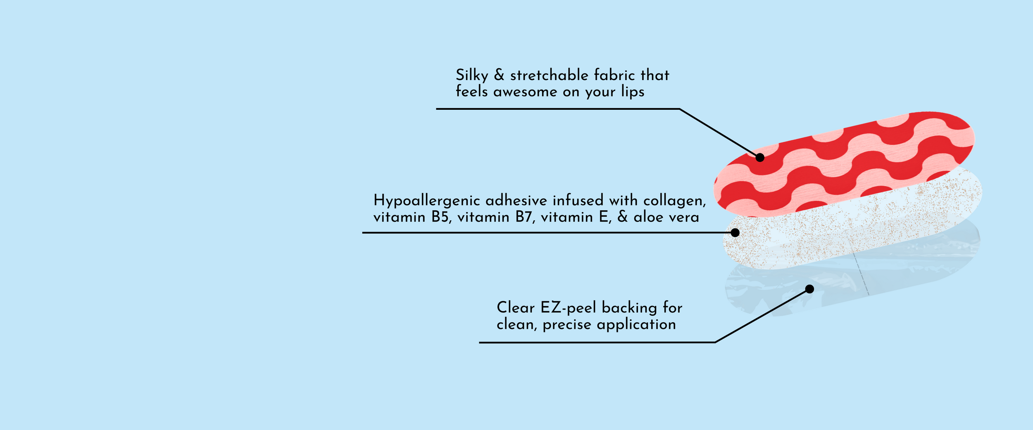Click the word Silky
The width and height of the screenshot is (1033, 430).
472,76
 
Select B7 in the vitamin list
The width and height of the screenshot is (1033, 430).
523,217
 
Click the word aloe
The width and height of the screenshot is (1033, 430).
648,217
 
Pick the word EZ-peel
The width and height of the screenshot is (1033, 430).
568,308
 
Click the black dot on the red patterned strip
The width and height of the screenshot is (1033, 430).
760,157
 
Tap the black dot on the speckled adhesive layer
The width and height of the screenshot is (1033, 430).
735,233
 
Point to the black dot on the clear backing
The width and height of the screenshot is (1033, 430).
810,289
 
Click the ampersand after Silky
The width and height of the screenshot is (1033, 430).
499,75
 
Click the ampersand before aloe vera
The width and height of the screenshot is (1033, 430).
622,217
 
